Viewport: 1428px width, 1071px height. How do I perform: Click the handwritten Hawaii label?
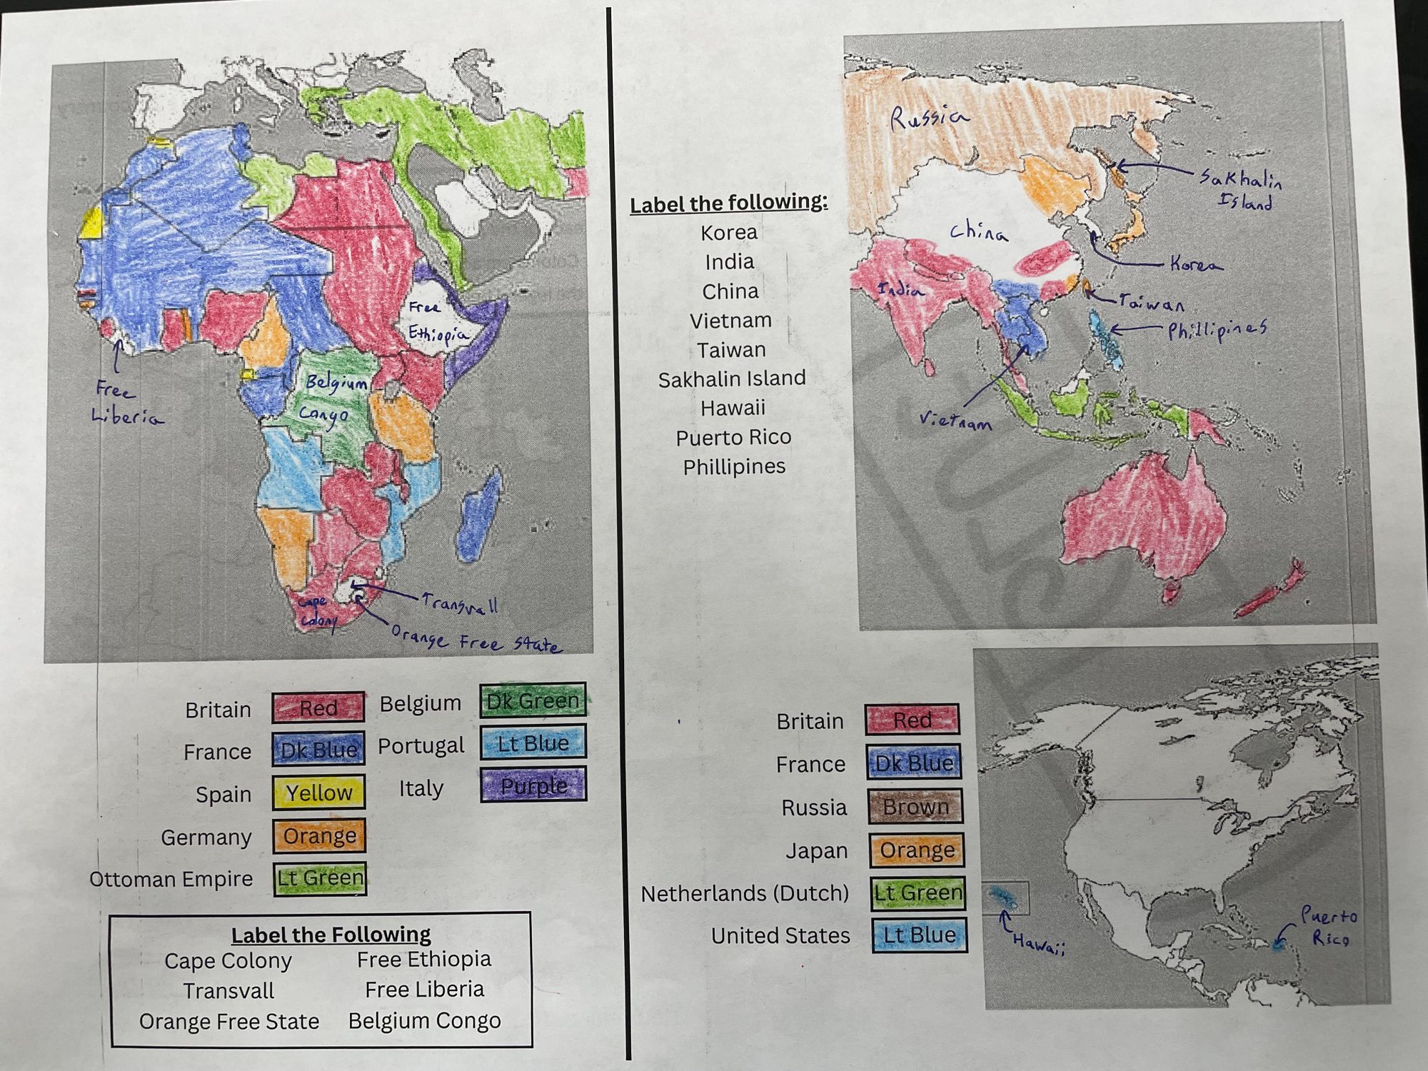point(1039,944)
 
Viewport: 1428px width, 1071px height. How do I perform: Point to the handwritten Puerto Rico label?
point(1328,926)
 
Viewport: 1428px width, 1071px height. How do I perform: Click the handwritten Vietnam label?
point(955,420)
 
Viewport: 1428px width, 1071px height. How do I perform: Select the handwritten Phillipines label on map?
point(1217,330)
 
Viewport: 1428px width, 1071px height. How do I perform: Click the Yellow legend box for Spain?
point(318,793)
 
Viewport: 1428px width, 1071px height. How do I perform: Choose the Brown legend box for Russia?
point(915,807)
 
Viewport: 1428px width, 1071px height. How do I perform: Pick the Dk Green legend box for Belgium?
point(533,701)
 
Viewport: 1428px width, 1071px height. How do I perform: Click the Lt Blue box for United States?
point(919,935)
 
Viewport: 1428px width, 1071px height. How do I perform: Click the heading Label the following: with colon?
point(728,203)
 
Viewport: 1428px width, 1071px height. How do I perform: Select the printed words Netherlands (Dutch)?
point(745,893)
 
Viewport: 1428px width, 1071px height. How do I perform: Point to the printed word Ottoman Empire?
point(171,879)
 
